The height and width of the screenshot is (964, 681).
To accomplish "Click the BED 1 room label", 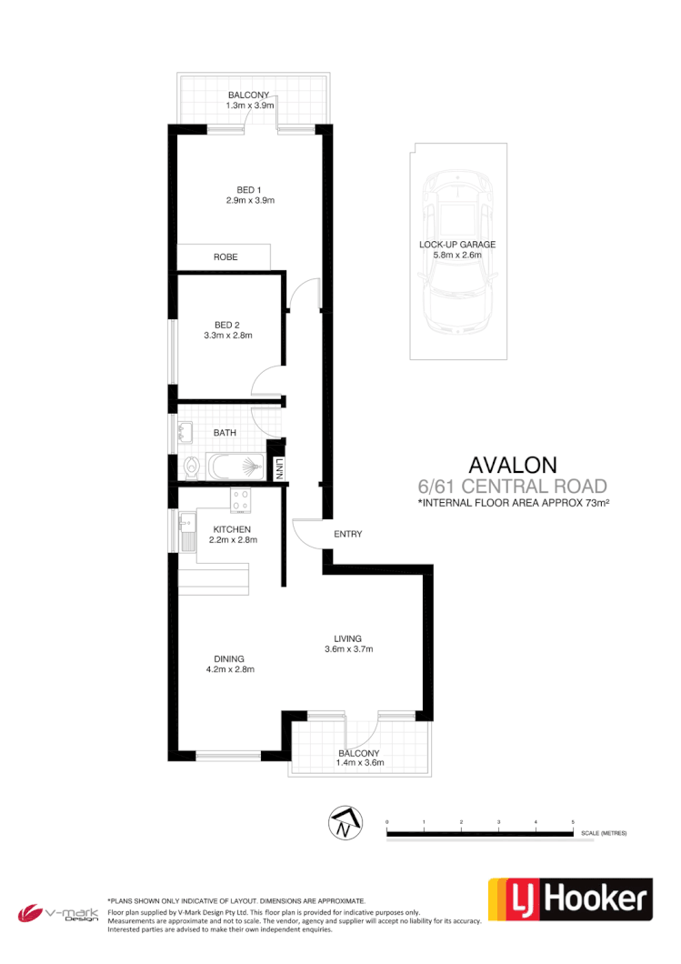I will (x=250, y=189).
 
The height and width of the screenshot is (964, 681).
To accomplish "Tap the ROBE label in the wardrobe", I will (x=225, y=257).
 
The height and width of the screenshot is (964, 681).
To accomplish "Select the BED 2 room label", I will (x=228, y=325).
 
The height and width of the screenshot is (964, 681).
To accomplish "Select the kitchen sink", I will (x=186, y=527).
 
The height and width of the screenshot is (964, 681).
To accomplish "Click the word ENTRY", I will (x=348, y=534).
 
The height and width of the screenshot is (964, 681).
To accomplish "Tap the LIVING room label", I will (x=349, y=638).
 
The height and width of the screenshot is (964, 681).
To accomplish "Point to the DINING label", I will (x=228, y=658).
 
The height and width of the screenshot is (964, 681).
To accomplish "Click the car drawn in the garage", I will (x=458, y=253).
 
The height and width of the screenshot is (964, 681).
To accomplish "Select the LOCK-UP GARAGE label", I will (x=457, y=245).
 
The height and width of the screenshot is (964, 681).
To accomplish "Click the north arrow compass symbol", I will (x=343, y=823).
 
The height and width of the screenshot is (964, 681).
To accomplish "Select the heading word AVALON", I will (x=512, y=467).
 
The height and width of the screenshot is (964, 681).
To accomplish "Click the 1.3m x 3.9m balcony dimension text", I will (x=250, y=105).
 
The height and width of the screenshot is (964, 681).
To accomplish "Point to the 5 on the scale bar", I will (x=573, y=822).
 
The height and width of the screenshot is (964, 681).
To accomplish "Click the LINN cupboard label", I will (x=280, y=469).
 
